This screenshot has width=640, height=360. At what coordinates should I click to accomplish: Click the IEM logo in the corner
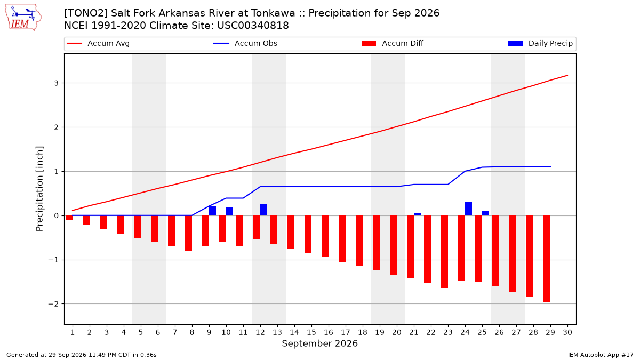(x=23, y=18)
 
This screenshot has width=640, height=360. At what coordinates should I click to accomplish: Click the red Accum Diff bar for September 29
(x=547, y=259)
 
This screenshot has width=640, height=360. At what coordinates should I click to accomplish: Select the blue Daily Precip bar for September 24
(x=469, y=209)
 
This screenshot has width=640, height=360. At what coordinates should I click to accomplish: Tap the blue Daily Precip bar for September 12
(x=263, y=210)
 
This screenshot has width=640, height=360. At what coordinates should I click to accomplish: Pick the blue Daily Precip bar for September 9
(x=213, y=211)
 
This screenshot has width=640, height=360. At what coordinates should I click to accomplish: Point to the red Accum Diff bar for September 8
(x=189, y=233)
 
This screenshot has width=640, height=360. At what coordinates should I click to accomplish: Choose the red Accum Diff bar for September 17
(x=342, y=238)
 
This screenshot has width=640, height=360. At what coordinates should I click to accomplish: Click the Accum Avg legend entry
(x=98, y=43)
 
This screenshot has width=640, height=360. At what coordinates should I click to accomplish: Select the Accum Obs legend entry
(x=245, y=43)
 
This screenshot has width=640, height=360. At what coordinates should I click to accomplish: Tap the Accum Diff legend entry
(x=393, y=43)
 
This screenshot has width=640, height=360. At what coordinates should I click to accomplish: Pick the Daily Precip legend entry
(x=540, y=43)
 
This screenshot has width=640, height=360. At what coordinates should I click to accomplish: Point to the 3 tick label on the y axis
(x=57, y=83)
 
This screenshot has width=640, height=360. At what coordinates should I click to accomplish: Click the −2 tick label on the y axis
(x=53, y=304)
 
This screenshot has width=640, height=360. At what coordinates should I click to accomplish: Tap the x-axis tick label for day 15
(x=311, y=332)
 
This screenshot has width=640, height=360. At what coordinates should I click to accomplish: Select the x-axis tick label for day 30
(x=567, y=332)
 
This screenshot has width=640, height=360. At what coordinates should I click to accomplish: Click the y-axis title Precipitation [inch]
(x=39, y=189)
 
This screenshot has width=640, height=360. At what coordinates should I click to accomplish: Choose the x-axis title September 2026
(x=319, y=343)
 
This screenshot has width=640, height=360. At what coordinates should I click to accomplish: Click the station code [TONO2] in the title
(x=86, y=13)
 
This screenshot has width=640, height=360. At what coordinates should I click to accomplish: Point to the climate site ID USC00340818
(x=253, y=26)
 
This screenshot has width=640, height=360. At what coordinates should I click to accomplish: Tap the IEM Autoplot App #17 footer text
(x=601, y=355)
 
